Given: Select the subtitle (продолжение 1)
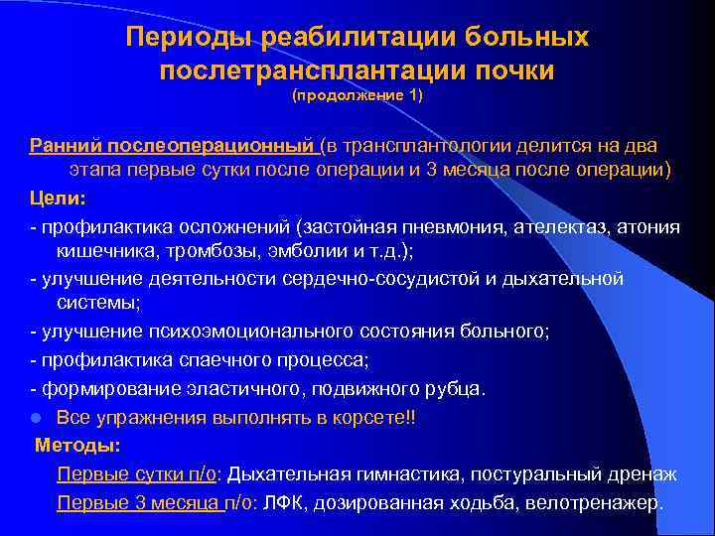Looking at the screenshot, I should pos(357,98).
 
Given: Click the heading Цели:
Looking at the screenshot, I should pos(51,198).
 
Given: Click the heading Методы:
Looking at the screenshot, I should pos(77,445).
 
